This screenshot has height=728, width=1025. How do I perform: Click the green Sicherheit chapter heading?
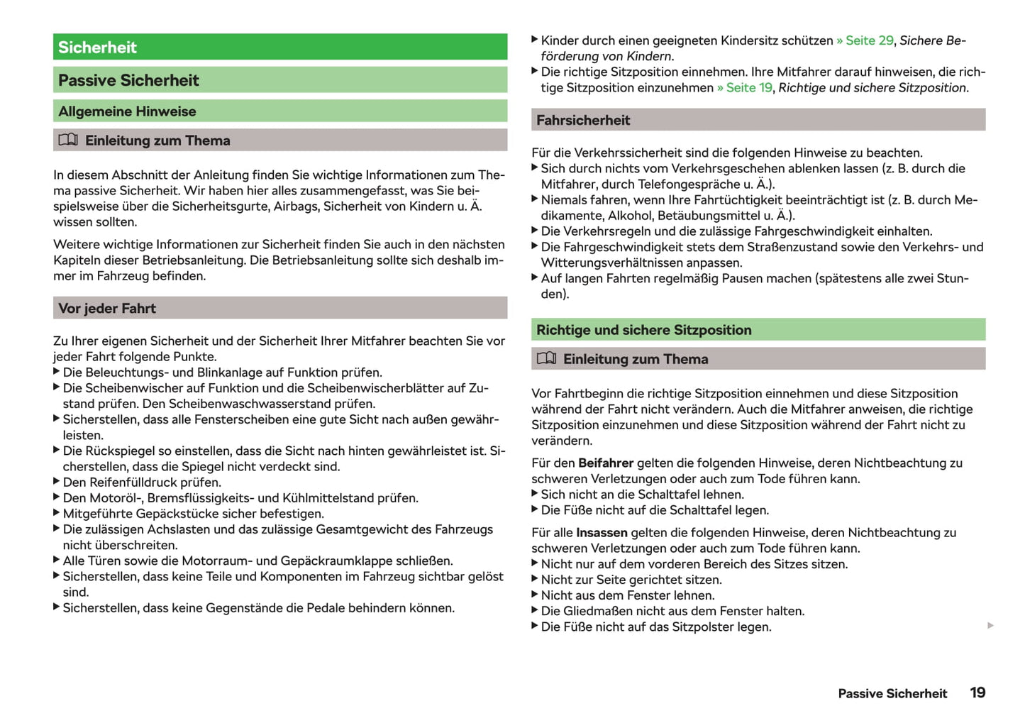97,48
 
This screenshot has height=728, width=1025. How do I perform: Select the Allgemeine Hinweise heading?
127,111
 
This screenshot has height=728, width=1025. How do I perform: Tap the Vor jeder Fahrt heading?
107,309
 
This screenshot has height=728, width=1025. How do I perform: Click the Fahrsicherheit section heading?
583,121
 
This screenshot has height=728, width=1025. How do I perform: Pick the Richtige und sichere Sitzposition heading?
643,330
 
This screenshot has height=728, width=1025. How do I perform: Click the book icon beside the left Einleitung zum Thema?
68,140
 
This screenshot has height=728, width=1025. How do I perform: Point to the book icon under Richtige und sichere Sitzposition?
546,358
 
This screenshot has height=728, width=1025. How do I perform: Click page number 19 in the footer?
977,693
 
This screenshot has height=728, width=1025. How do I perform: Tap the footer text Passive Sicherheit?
892,694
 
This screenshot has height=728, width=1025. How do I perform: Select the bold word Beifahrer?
606,463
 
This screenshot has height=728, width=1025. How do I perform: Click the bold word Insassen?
602,533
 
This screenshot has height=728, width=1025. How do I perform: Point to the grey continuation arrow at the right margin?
990,625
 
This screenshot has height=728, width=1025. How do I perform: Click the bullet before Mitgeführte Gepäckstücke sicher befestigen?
57,513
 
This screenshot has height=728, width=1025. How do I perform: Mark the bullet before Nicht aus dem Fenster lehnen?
535,595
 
